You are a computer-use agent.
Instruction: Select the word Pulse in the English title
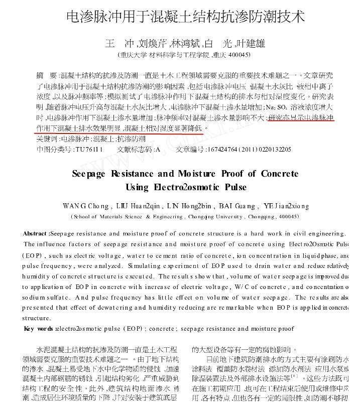coord(234,187)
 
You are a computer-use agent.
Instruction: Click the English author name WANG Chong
coord(86,206)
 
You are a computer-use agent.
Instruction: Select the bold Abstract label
coord(36,234)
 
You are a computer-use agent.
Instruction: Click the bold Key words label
coord(38,329)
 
